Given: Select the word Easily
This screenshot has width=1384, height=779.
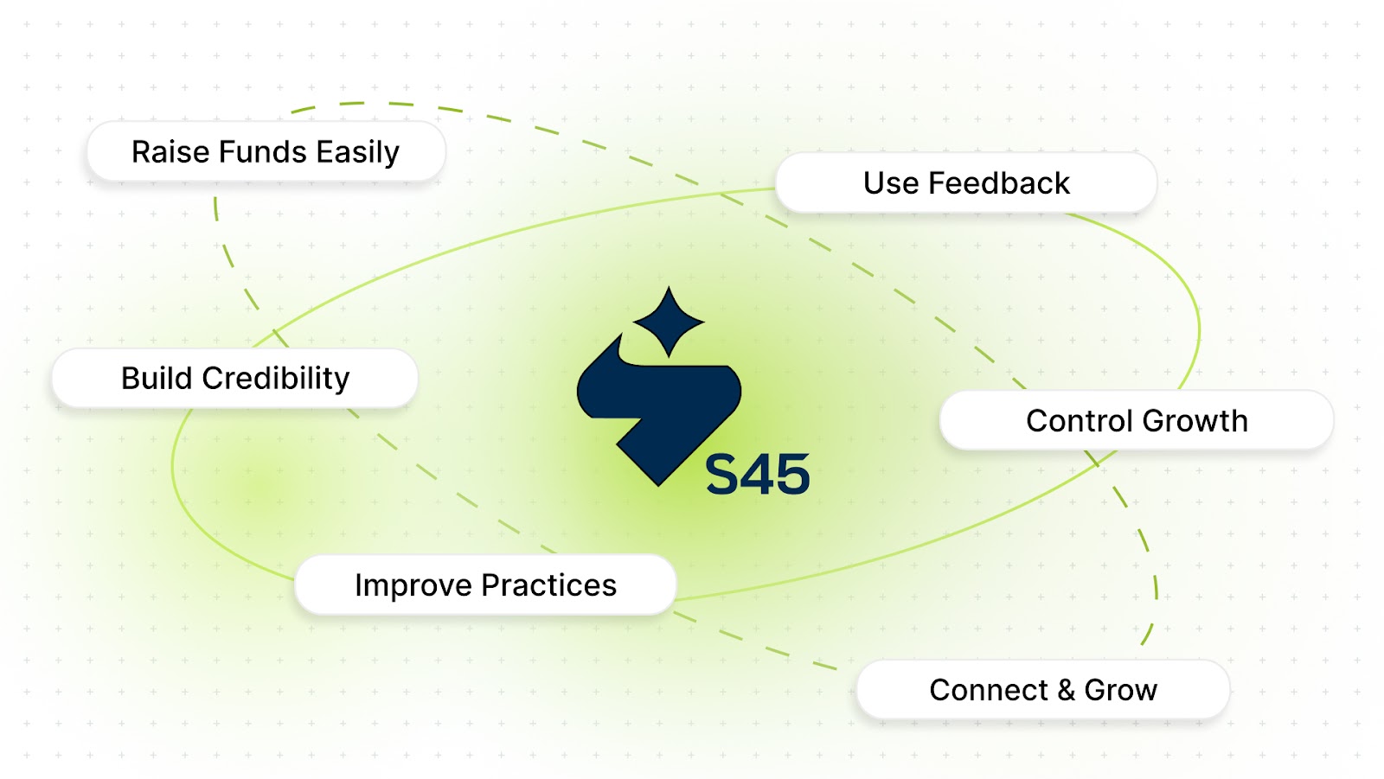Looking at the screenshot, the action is tap(358, 153).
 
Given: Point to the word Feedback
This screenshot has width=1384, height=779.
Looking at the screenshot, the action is tap(998, 183).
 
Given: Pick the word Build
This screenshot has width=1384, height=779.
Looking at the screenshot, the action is tap(157, 378).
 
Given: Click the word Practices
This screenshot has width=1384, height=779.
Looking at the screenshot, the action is tap(549, 585).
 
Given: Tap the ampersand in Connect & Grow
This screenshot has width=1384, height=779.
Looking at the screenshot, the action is tap(1067, 691).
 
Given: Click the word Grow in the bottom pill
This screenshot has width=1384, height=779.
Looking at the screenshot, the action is tap(1121, 691).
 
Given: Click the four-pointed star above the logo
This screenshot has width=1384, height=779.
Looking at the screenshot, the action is tap(669, 322).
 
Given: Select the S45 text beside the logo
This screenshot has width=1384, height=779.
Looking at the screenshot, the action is tap(758, 474).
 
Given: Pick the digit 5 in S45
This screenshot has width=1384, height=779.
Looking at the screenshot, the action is tap(793, 475).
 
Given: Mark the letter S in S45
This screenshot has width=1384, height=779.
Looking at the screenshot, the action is tap(723, 474).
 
